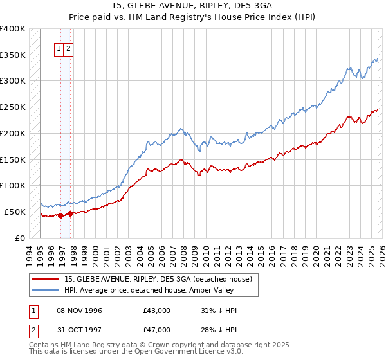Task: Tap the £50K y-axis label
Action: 15,212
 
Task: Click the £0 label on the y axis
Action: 20,238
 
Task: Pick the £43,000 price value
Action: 156,310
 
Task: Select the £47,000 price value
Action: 156,332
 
